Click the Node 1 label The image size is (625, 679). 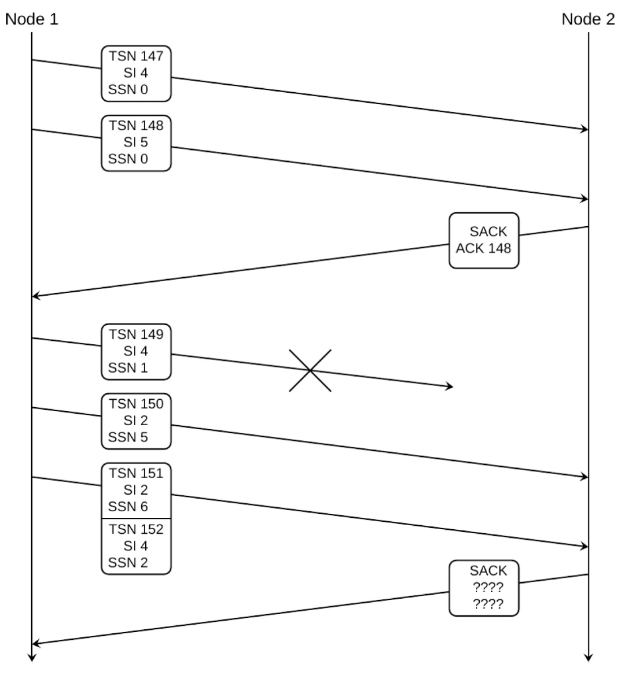pyautogui.click(x=31, y=19)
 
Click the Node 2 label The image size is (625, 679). pyautogui.click(x=588, y=19)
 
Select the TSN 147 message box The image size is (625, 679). pyautogui.click(x=136, y=74)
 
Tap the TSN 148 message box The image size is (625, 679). pyautogui.click(x=136, y=143)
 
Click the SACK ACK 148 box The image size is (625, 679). pyautogui.click(x=484, y=241)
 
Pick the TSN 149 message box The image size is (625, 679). pyautogui.click(x=136, y=351)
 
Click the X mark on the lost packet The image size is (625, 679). pyautogui.click(x=310, y=370)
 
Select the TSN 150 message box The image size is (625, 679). pyautogui.click(x=136, y=421)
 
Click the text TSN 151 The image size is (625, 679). pyautogui.click(x=136, y=473)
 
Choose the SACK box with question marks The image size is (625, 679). pyautogui.click(x=484, y=587)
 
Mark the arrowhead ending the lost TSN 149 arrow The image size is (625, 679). pyautogui.click(x=450, y=386)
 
